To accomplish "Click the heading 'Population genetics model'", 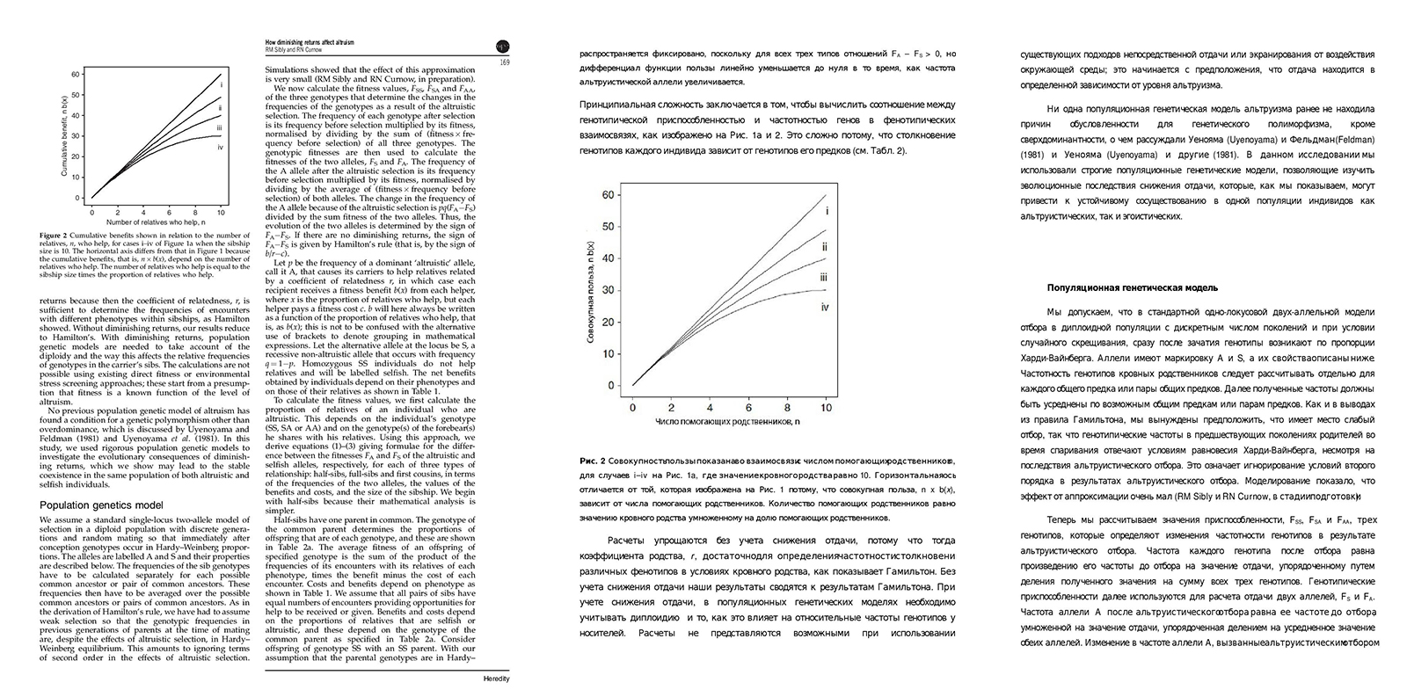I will coord(102,505).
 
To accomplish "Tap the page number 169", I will coord(505,62).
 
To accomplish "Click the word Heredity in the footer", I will coord(497,679).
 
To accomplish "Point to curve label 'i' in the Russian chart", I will coord(827,212).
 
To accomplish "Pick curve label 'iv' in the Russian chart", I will coord(826,306).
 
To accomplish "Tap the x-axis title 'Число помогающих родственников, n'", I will coord(730,424).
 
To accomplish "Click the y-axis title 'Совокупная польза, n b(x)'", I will coord(591,289).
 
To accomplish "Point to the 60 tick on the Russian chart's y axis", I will coord(609,195).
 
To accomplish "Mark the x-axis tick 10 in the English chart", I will coord(221,212).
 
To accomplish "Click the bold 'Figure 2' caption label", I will coord(53,236).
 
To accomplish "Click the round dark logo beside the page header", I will coord(503,47).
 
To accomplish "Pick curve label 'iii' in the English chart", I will coord(218,127).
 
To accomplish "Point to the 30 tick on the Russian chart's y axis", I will coord(609,290).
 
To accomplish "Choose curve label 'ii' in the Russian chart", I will coord(825,247).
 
